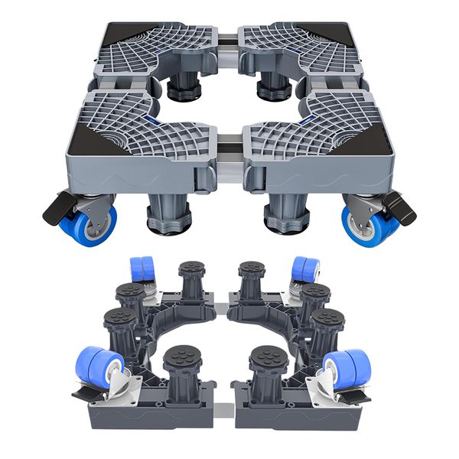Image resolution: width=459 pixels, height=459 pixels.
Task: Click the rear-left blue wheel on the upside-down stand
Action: pos(142,270)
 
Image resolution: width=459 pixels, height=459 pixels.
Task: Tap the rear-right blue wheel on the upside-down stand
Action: pos(305,270)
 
